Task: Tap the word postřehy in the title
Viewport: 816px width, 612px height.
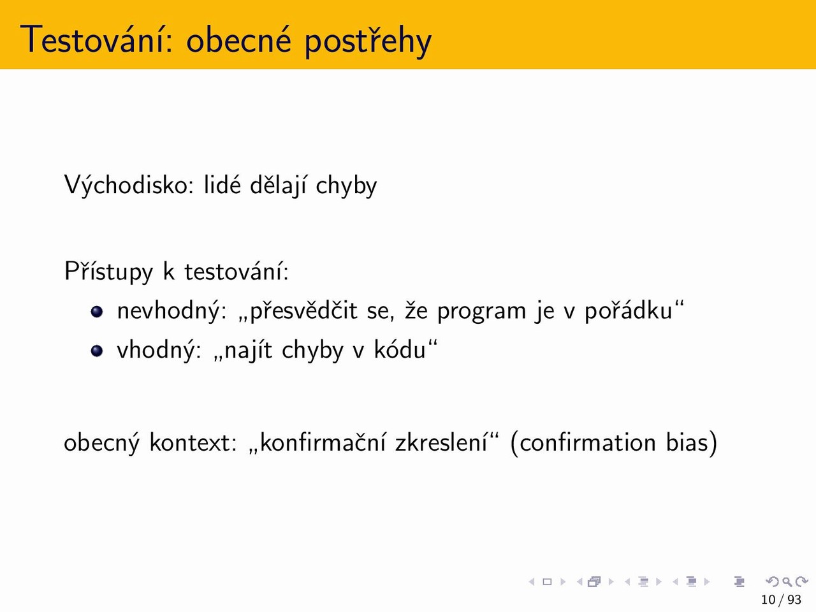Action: tap(368, 41)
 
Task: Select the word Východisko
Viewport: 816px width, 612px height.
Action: tap(129, 185)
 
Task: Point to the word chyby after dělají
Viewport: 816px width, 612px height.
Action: tap(346, 185)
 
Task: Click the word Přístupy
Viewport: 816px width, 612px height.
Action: tap(108, 272)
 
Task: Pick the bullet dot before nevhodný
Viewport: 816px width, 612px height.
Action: tap(97, 311)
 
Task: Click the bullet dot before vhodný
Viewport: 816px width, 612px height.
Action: tap(97, 351)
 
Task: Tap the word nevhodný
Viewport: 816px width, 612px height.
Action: tap(171, 310)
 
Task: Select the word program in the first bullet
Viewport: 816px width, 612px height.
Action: tap(481, 312)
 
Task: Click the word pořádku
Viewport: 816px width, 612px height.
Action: tap(629, 310)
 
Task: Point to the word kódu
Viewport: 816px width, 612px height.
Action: tap(400, 349)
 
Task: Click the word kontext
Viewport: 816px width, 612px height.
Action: tap(193, 443)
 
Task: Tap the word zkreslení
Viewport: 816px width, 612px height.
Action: tap(441, 442)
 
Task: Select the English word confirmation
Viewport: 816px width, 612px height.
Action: tap(588, 442)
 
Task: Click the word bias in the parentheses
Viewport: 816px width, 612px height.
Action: tap(687, 442)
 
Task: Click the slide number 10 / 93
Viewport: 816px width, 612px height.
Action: tap(781, 599)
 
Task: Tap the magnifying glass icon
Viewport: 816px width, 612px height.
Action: tap(787, 581)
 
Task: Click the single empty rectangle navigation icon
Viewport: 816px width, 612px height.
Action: tap(547, 581)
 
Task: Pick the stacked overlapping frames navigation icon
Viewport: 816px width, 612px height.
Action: tap(594, 581)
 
